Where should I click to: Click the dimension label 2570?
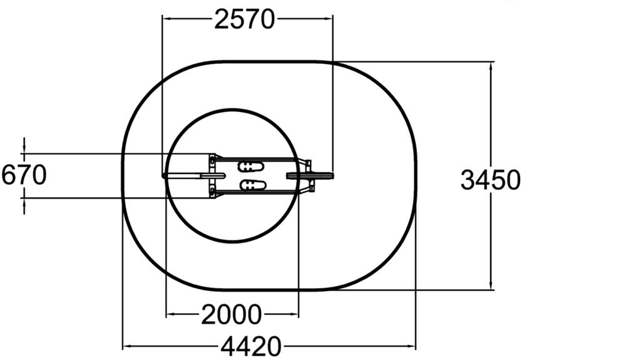(x=245, y=19)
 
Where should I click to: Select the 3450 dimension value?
(x=491, y=180)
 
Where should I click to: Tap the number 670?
(x=24, y=175)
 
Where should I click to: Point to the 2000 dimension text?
(x=231, y=314)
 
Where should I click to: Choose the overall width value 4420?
(x=251, y=346)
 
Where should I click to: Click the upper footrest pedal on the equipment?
(x=250, y=166)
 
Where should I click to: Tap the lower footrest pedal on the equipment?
(x=253, y=185)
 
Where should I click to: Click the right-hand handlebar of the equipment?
(x=310, y=175)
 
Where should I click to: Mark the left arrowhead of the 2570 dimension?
(x=168, y=18)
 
